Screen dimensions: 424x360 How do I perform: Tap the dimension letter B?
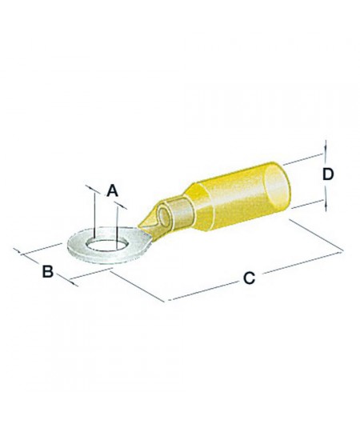(x=47, y=272)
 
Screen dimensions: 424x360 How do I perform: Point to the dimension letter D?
(x=327, y=174)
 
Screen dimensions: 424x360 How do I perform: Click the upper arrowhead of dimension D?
(x=326, y=146)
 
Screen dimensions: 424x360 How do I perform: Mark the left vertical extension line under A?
(x=93, y=212)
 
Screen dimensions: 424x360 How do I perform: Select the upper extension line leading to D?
(x=304, y=156)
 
